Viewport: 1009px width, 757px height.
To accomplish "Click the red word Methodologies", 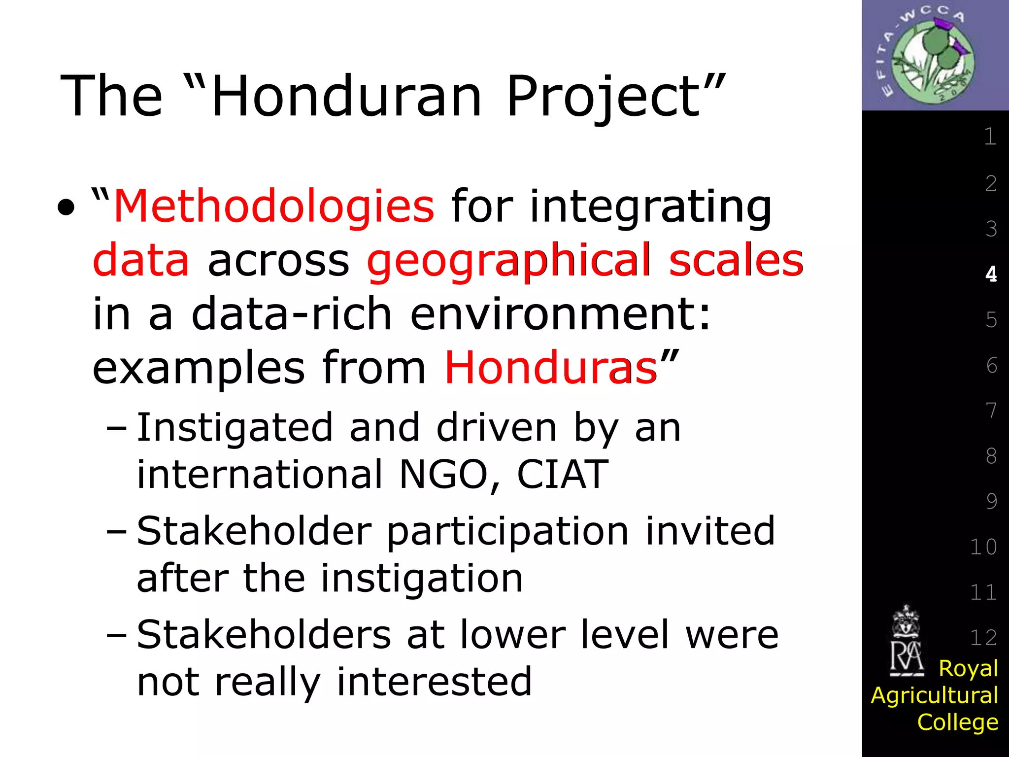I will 274,206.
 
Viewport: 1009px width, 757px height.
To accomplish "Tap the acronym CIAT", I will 562,474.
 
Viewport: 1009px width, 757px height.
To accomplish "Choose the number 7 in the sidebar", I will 991,410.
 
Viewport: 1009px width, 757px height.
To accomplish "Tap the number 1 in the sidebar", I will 990,137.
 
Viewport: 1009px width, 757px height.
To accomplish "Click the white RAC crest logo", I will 906,641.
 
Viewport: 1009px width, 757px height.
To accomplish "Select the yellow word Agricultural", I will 934,695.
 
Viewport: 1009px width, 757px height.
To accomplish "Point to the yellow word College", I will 957,722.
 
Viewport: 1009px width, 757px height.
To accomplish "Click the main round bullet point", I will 66,207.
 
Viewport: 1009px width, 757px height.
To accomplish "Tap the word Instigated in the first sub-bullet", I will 235,427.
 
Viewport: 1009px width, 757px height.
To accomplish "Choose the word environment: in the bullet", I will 561,314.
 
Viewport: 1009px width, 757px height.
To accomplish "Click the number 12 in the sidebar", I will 983,638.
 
